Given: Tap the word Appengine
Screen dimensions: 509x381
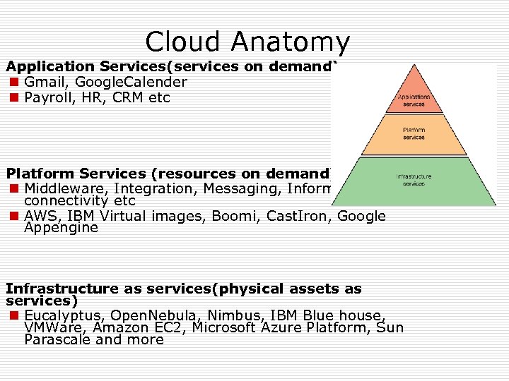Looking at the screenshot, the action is [x=61, y=228].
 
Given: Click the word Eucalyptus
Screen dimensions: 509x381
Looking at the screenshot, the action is [x=59, y=315].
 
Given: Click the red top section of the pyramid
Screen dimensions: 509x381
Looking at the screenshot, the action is [x=413, y=95].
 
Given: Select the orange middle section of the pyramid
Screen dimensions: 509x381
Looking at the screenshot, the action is [x=414, y=135].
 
